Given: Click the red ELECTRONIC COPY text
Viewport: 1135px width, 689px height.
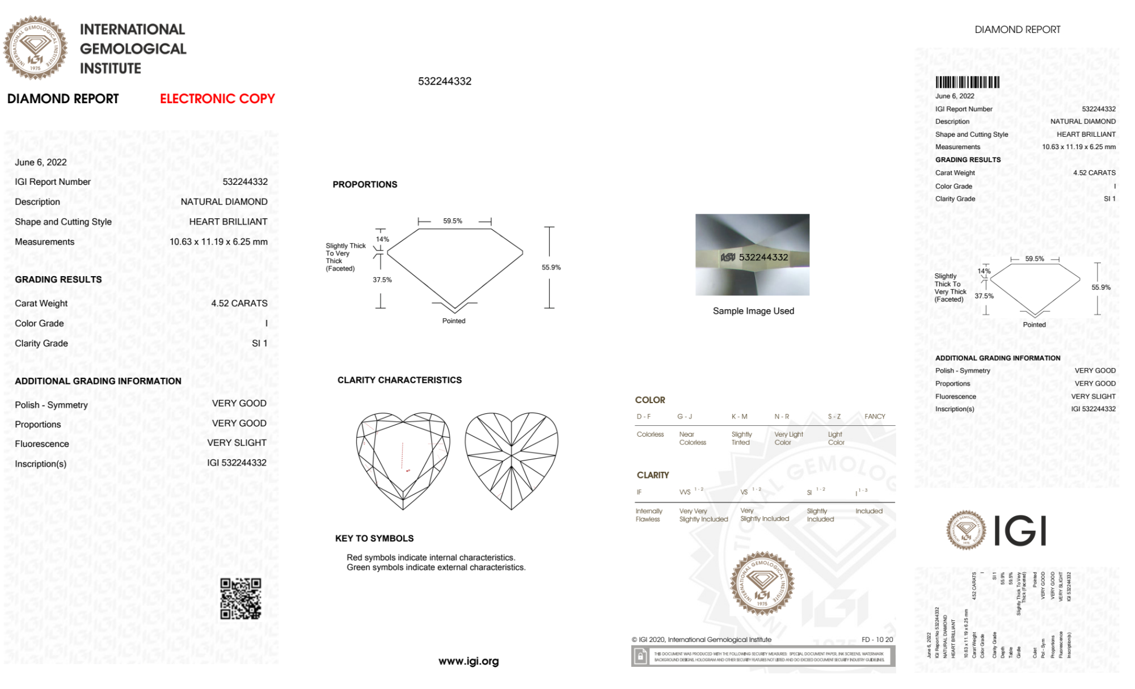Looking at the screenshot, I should (217, 99).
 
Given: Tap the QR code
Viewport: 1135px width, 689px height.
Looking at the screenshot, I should (240, 599).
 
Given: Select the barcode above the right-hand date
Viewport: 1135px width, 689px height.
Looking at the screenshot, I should (967, 82).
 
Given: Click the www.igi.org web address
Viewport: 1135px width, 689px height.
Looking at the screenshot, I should (469, 661).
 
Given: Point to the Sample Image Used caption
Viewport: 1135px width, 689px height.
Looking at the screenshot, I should (753, 311).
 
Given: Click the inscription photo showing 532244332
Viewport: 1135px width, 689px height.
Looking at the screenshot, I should (752, 255).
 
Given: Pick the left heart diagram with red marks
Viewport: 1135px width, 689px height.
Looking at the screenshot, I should (403, 460).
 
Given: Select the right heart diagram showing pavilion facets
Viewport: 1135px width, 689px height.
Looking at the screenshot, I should (512, 460).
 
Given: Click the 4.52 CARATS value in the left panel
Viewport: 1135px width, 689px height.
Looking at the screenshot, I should (239, 303).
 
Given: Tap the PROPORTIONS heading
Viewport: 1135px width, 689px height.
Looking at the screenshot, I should (365, 184).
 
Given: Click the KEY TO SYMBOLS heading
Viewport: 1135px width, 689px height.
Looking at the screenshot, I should (374, 538).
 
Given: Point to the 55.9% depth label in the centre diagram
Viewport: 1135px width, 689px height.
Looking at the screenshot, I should (551, 268).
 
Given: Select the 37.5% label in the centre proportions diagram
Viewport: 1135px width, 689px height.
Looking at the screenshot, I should (382, 280).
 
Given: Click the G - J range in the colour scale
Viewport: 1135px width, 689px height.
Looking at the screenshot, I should (685, 416).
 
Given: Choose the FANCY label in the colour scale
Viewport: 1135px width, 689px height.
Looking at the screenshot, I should (875, 416).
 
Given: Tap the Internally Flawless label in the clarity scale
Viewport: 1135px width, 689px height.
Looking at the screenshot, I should (648, 515).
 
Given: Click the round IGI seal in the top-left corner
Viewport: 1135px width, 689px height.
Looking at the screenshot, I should (35, 48).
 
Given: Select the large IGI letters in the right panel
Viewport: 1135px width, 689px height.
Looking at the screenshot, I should (1020, 531).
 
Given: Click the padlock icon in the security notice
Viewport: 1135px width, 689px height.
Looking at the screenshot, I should (640, 657).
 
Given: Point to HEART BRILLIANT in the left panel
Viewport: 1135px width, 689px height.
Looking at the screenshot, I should (228, 222).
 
